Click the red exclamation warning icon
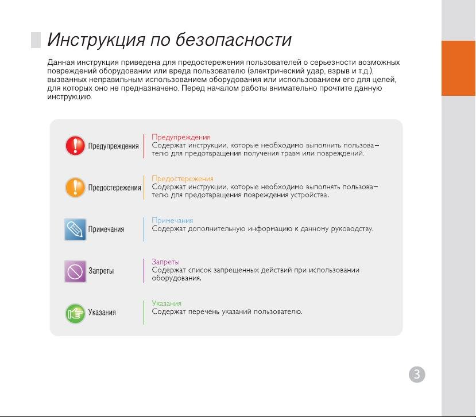pyautogui.click(x=75, y=146)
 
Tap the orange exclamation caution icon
pyautogui.click(x=75, y=187)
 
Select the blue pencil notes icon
pyautogui.click(x=75, y=229)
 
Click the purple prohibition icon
pyautogui.click(x=75, y=271)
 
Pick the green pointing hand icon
pyautogui.click(x=75, y=313)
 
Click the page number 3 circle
pyautogui.click(x=417, y=374)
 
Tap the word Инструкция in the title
pyautogui.click(x=96, y=40)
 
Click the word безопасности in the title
pyautogui.click(x=234, y=40)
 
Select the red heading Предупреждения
pyautogui.click(x=181, y=137)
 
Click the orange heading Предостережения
pyautogui.click(x=183, y=178)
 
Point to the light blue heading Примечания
pyautogui.click(x=172, y=220)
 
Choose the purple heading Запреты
pyautogui.click(x=165, y=262)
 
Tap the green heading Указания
pyautogui.click(x=167, y=303)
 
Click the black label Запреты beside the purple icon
pyautogui.click(x=101, y=271)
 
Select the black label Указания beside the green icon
pyautogui.click(x=102, y=313)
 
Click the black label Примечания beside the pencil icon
pyautogui.click(x=106, y=229)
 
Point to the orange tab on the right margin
pyautogui.click(x=458, y=68)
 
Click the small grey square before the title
pyautogui.click(x=36, y=40)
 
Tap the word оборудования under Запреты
pyautogui.click(x=176, y=278)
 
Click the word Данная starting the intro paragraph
pyautogui.click(x=61, y=63)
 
